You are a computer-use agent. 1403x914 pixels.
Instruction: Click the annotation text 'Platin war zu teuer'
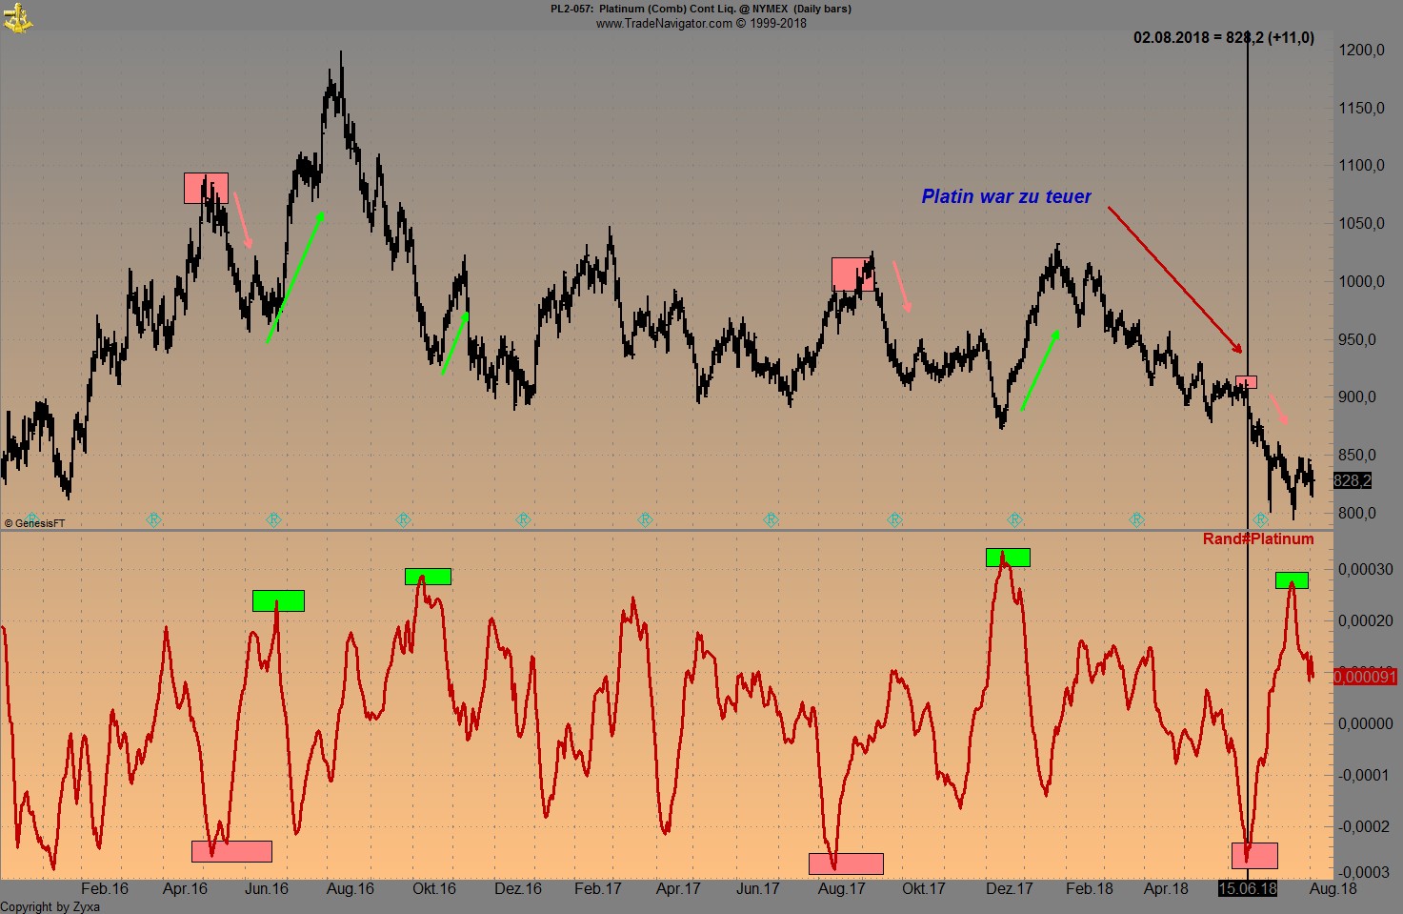1006,196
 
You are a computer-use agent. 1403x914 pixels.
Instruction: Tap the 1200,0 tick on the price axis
1361,50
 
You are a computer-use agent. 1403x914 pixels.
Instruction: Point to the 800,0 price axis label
1357,513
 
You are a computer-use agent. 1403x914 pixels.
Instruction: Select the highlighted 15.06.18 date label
1248,888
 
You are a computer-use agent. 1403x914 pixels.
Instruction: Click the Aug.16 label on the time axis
351,888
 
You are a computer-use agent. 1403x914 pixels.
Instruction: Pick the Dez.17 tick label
1010,888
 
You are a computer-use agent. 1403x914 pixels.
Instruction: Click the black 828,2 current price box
1353,480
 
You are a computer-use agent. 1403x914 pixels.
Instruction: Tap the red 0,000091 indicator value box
1365,677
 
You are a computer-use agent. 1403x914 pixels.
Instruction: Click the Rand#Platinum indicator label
1258,539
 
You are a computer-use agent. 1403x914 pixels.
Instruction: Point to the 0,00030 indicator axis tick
1365,569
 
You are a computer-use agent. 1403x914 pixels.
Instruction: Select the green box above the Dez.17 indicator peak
1008,558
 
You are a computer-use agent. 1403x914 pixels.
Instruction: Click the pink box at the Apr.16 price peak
206,188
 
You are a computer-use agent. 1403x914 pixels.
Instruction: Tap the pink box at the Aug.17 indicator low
846,863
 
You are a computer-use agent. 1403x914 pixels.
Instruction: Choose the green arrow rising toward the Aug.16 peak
296,276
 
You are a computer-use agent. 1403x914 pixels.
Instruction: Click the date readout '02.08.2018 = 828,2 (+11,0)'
1223,38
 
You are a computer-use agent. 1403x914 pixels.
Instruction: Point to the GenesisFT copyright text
35,523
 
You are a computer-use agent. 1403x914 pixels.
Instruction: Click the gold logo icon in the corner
17,16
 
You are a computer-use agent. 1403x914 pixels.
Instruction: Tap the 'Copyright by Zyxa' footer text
50,906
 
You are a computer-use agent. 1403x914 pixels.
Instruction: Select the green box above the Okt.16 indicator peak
428,577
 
